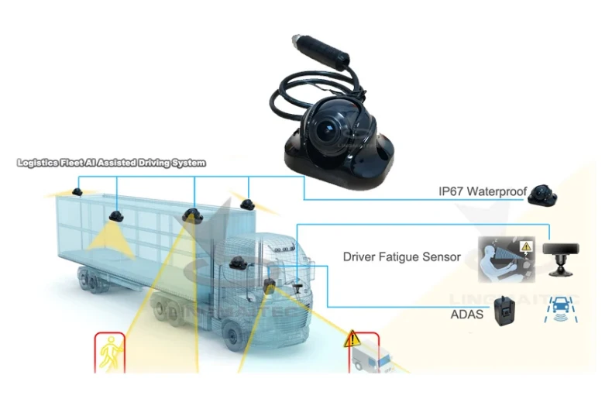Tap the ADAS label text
(466, 315)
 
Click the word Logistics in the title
(40, 163)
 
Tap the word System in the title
(189, 163)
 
